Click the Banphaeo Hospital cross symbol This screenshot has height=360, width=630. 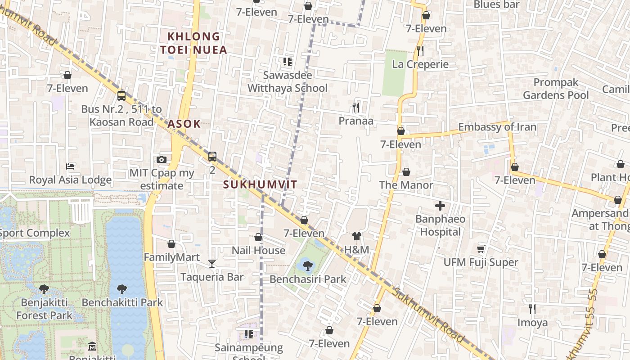(440, 206)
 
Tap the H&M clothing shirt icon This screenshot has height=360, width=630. (357, 236)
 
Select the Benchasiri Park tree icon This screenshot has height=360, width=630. (308, 266)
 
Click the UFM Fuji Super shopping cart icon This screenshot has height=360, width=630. (481, 249)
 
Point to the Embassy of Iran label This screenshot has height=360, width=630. (497, 127)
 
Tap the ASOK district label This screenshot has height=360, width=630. (184, 124)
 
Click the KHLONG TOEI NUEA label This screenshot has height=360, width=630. (194, 43)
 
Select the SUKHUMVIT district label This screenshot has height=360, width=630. (260, 184)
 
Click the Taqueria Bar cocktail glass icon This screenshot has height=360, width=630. (212, 264)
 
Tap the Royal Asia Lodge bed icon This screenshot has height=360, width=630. (70, 166)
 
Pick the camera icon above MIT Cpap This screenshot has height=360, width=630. (162, 159)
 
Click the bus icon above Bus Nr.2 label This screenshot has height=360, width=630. (121, 95)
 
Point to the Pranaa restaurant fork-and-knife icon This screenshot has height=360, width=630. (355, 107)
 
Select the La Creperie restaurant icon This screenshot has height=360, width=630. (420, 51)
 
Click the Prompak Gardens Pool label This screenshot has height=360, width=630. (556, 89)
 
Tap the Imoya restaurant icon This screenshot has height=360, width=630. (532, 309)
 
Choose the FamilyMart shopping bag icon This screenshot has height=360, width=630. (171, 244)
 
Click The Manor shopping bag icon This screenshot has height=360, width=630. (406, 172)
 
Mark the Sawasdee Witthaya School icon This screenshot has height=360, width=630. (288, 62)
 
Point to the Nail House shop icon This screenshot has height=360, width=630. (258, 237)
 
